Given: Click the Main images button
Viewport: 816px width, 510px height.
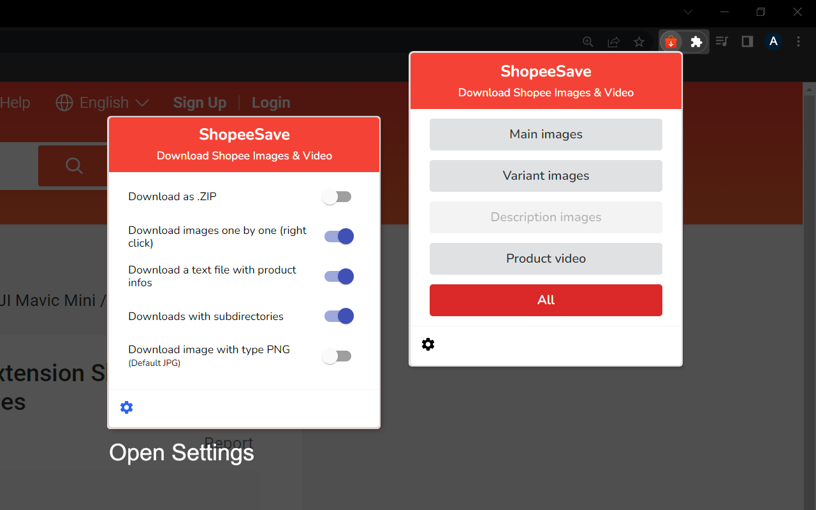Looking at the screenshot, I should click(x=546, y=135).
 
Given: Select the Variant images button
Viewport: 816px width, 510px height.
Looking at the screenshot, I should click(x=546, y=176).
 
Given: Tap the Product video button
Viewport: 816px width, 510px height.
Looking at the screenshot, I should click(x=546, y=259).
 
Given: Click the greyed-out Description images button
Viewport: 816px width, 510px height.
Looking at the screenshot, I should click(x=546, y=217).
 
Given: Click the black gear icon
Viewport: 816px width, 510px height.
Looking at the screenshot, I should click(x=428, y=344).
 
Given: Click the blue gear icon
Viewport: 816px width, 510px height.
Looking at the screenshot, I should click(x=127, y=407).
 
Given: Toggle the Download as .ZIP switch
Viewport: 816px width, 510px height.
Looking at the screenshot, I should click(x=337, y=197).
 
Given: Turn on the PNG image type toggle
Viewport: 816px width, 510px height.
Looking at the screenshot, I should click(x=337, y=356).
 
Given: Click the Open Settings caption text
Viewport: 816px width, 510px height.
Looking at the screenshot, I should click(x=182, y=453).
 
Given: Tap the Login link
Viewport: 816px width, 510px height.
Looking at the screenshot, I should click(x=271, y=103).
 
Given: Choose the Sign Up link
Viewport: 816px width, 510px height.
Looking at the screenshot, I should click(x=200, y=103).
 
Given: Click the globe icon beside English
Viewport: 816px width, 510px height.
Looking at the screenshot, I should click(x=64, y=103).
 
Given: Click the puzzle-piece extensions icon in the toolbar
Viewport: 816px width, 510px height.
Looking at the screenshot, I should click(x=697, y=42).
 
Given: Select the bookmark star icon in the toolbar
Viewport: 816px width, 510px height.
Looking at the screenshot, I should click(x=639, y=42).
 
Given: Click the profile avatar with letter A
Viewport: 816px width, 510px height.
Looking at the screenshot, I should click(x=773, y=42).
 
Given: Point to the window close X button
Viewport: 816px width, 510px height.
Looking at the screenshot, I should click(x=798, y=11).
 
